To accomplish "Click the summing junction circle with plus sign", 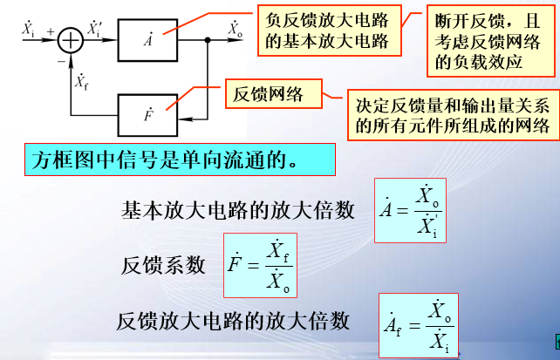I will (68, 39).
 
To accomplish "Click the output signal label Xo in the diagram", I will (234, 28).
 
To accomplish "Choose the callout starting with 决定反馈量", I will (453, 115).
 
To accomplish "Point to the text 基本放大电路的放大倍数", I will (238, 210).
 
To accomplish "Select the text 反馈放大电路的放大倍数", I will (232, 320).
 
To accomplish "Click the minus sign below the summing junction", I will (59, 62).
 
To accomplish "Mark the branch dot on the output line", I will (208, 40).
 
